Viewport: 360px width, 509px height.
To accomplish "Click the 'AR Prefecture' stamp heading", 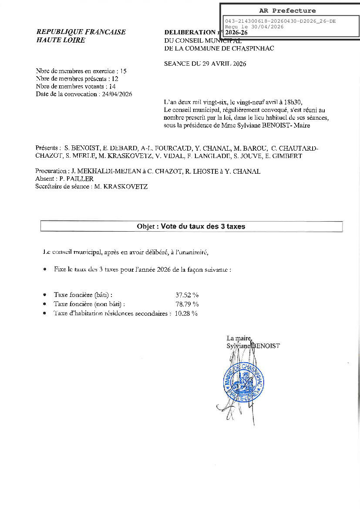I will tap(287, 10).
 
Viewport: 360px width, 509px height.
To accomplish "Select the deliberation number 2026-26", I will tap(237, 32).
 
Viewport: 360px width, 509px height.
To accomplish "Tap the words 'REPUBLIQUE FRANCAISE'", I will tap(81, 32).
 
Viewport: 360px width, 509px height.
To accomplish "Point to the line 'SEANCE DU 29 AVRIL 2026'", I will tap(205, 64).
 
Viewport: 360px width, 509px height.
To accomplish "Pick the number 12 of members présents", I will tap(114, 79).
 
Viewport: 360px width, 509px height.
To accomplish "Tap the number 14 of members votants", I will tap(112, 87).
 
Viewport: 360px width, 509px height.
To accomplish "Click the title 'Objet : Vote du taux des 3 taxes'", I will tap(191, 226).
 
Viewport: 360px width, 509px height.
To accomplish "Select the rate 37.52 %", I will tap(187, 295).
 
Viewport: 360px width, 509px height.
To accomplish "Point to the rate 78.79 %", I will tap(187, 304).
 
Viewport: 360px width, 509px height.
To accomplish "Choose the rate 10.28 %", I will tap(186, 313).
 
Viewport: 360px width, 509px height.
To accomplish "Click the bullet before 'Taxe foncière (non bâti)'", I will tap(45, 304).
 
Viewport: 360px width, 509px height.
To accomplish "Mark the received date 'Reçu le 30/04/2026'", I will tap(254, 27).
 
